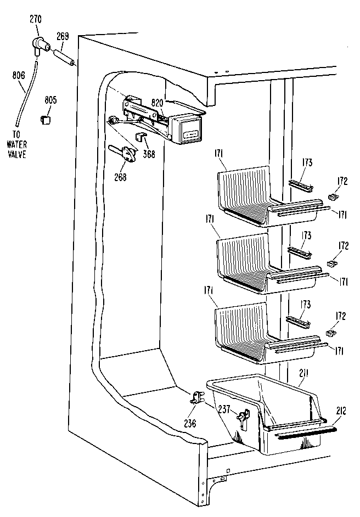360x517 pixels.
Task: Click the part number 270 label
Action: pos(35,18)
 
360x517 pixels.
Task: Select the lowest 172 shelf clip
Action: pos(330,333)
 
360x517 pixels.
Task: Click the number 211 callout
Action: pos(303,374)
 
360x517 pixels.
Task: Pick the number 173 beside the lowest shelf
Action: pos(306,305)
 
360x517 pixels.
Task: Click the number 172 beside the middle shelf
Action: pos(342,246)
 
